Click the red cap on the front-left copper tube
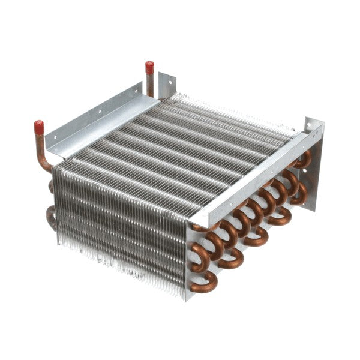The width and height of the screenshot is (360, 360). (39, 127)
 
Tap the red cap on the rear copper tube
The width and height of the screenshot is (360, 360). (149, 67)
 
